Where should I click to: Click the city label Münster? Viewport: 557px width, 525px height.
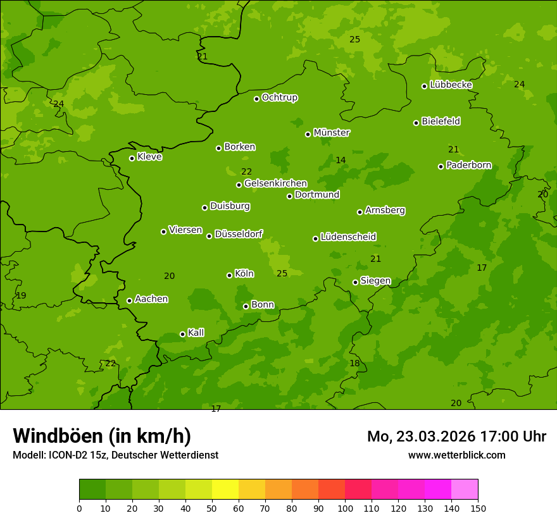tap(331, 133)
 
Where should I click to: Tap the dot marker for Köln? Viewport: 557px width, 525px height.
tap(229, 275)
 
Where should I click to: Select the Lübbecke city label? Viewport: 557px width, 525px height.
tap(451, 85)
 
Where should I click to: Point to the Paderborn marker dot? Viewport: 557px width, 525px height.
tap(441, 166)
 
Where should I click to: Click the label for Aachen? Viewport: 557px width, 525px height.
tap(151, 299)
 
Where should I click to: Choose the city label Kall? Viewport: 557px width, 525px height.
tap(196, 333)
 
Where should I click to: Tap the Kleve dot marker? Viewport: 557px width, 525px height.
tap(132, 158)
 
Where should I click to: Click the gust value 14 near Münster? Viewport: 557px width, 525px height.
tap(341, 160)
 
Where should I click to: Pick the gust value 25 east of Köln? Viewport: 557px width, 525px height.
tap(282, 273)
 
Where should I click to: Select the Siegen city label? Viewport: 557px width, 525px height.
tap(375, 281)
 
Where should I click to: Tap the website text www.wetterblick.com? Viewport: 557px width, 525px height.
tap(456, 455)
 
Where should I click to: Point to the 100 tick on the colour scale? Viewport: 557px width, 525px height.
tap(345, 508)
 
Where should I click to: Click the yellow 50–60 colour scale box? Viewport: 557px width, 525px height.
tap(225, 490)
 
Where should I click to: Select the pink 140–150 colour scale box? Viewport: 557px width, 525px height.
tap(465, 490)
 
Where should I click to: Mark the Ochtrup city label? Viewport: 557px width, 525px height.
tap(279, 97)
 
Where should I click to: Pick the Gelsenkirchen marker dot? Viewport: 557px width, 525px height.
tap(239, 185)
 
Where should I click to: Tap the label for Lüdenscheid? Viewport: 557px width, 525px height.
tap(348, 237)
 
